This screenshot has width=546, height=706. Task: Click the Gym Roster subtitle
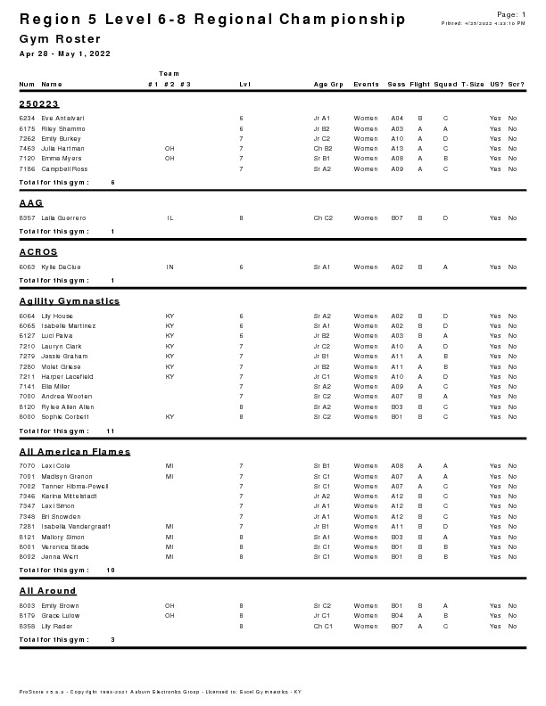pos(60,39)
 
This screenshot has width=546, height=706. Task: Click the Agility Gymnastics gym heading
pos(70,301)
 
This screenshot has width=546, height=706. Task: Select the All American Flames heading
pos(75,451)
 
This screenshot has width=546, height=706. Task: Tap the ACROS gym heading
pos(38,252)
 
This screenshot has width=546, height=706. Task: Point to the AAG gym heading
pos(31,203)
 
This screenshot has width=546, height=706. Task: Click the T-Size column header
pos(473,84)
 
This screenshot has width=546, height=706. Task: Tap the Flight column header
pos(419,84)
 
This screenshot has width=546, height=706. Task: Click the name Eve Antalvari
pos(62,118)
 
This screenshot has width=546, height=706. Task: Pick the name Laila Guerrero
pos(63,218)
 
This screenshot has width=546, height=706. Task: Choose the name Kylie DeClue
pos(61,267)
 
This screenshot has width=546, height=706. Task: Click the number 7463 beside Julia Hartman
pos(27,148)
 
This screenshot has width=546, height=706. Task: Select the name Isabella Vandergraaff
pos(76,526)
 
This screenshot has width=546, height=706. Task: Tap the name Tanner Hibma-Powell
pos(75,486)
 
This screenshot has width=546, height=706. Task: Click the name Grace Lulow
pos(60,615)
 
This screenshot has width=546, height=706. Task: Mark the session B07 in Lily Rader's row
pos(397,626)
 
